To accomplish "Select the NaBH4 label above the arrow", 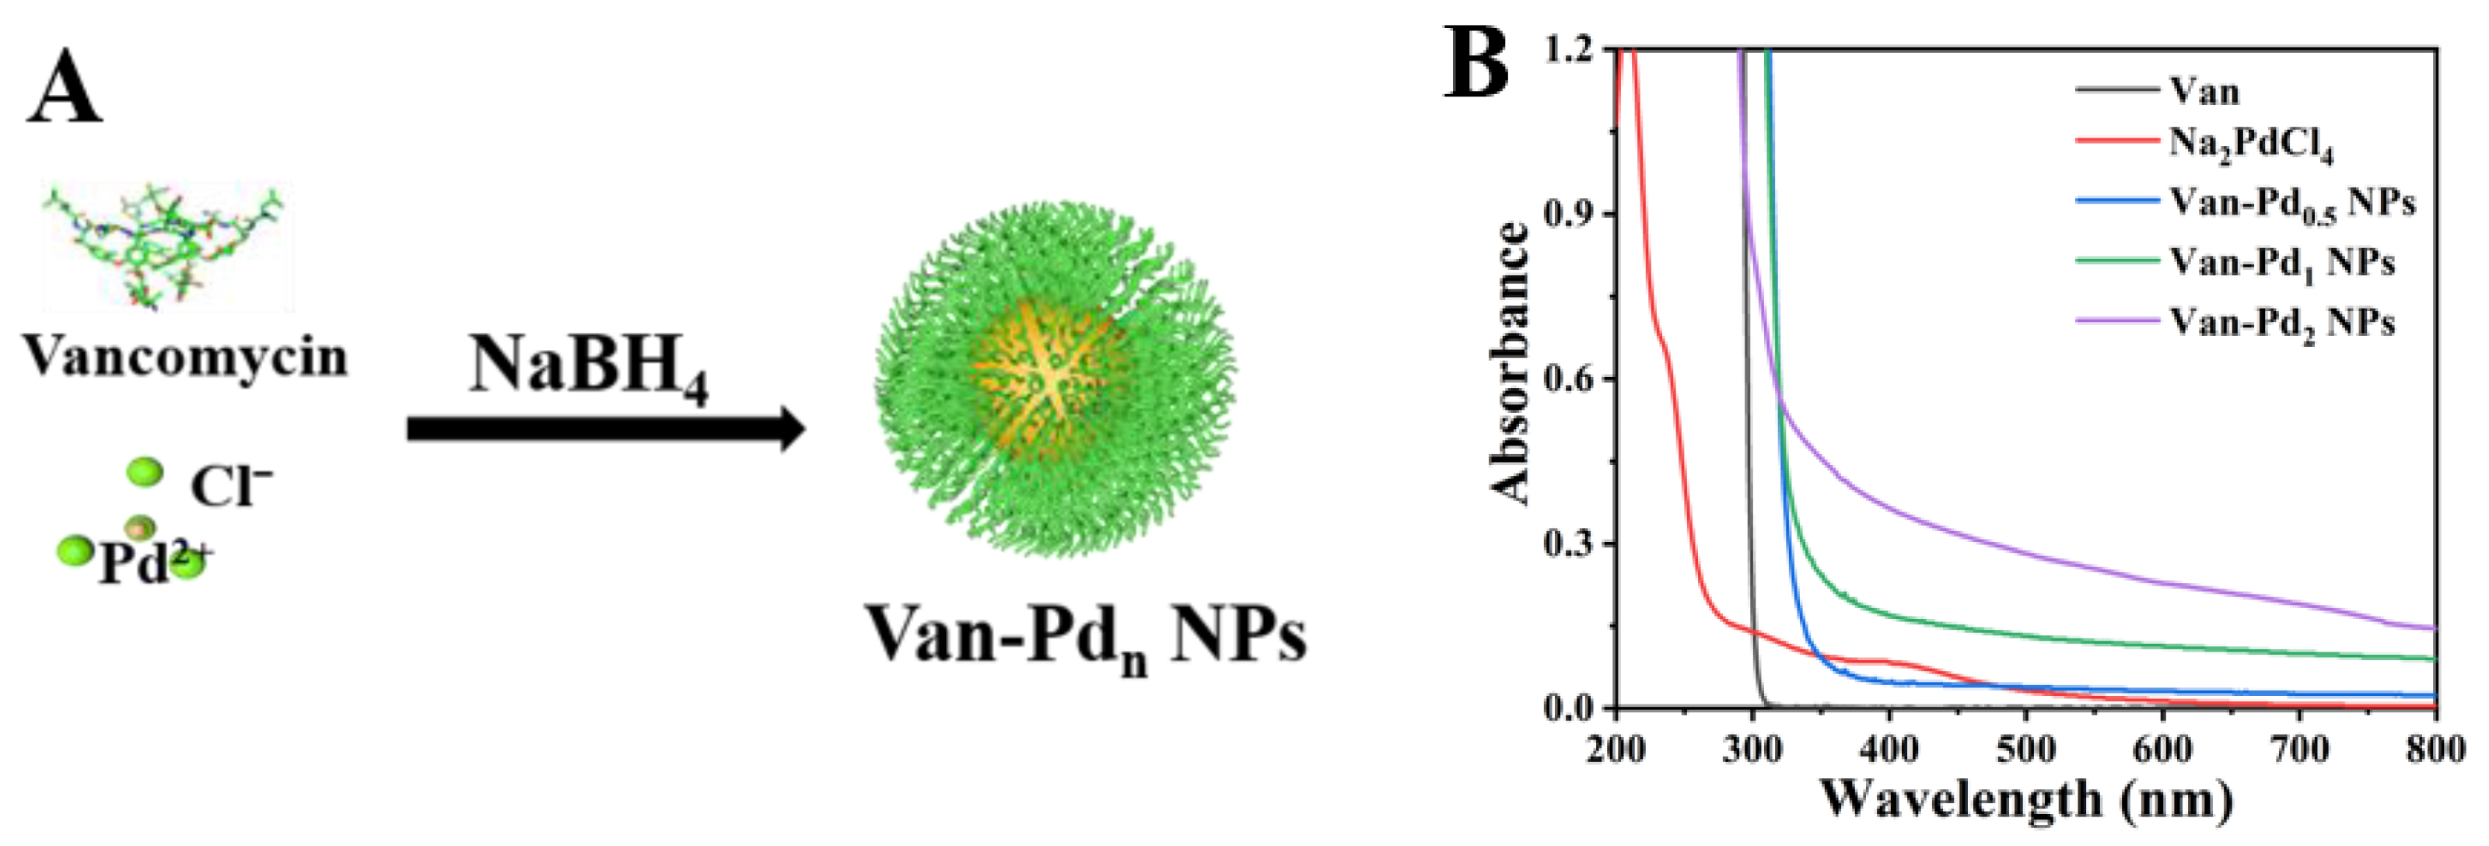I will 589,368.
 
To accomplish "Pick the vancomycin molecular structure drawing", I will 167,246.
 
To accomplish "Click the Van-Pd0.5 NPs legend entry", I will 2291,204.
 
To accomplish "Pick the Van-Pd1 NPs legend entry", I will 2281,264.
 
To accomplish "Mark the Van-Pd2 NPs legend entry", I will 2281,323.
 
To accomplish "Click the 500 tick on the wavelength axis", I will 2025,750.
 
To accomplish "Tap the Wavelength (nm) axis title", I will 2026,799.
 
